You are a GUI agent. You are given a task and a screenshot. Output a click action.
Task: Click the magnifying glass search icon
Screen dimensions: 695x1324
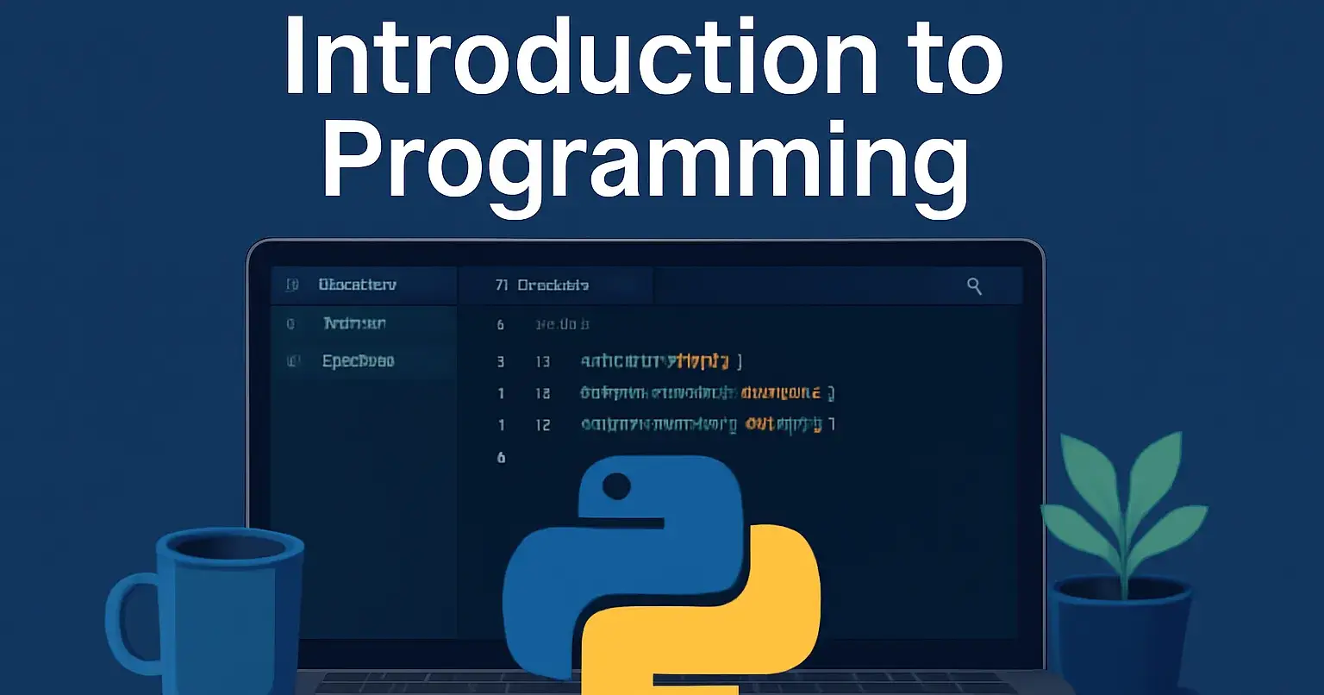974,286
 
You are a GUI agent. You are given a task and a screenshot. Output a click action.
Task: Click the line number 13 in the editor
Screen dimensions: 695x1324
542,361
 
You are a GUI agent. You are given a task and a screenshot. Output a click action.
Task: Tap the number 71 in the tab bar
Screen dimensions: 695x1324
502,285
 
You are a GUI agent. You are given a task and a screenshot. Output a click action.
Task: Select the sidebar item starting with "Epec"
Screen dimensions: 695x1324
358,361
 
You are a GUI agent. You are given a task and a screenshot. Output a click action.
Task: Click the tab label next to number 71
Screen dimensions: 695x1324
553,285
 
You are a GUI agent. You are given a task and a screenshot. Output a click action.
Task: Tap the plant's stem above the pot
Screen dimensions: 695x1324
1124,569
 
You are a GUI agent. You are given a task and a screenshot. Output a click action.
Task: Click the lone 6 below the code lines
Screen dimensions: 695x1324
501,457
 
